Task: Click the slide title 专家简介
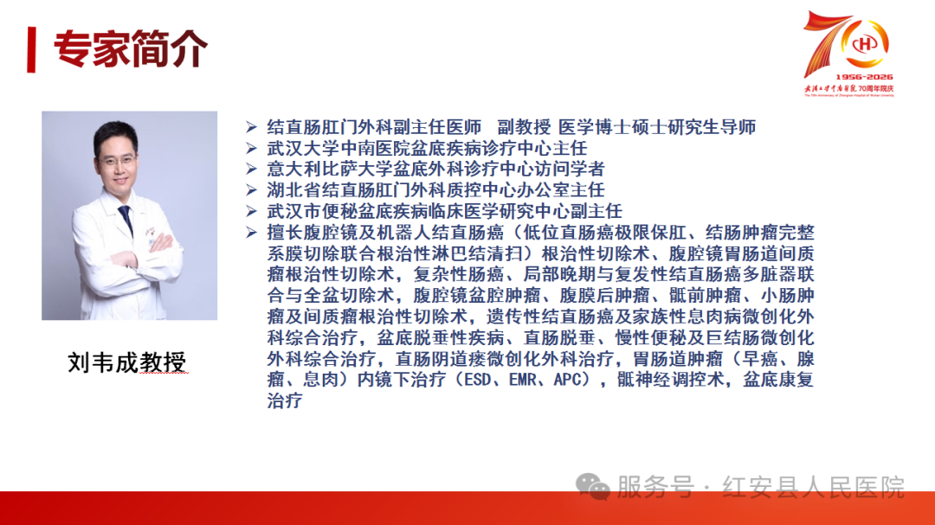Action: [x=131, y=48]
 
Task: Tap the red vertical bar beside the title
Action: [x=31, y=49]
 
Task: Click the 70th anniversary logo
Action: [x=848, y=54]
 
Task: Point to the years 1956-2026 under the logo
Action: [x=864, y=77]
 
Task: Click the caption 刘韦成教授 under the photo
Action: [x=127, y=362]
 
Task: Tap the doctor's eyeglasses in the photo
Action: [x=118, y=160]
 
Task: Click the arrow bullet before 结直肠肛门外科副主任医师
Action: [x=251, y=127]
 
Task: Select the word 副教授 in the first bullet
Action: [x=524, y=127]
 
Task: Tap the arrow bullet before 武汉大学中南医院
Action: [x=251, y=148]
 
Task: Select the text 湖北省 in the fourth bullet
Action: [x=294, y=190]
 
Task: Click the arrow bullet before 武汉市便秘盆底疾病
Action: [x=251, y=211]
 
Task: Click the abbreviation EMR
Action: [x=523, y=380]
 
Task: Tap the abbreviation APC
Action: [x=568, y=380]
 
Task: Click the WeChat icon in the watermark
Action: [x=593, y=487]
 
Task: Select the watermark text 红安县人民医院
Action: [x=813, y=487]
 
